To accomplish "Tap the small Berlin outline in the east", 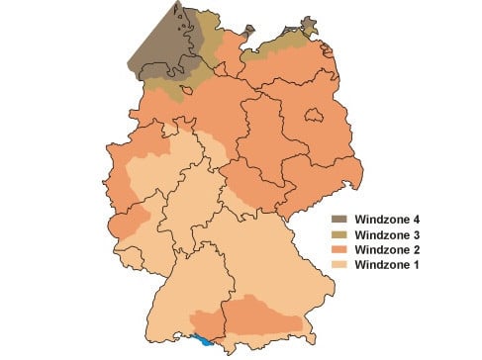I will pyautogui.click(x=316, y=117).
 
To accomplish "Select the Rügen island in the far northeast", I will pyautogui.click(x=309, y=26).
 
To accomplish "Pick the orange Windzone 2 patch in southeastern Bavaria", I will pyautogui.click(x=267, y=315).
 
